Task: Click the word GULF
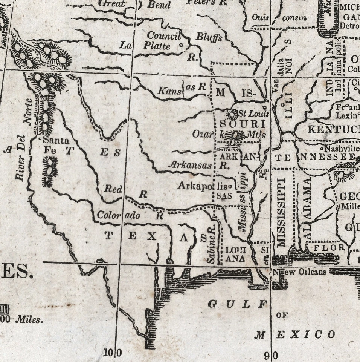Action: click(237, 304)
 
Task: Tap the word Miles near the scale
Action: click(29, 320)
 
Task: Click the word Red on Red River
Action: click(113, 189)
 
